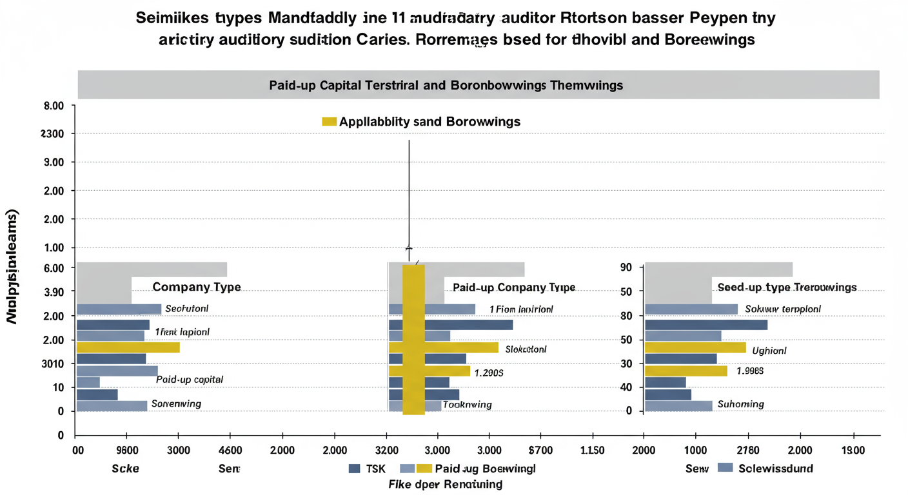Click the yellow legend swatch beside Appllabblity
(329, 121)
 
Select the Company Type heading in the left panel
(196, 287)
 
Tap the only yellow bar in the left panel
(128, 347)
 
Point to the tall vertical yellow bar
(413, 339)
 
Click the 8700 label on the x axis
(540, 450)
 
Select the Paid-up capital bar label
(190, 380)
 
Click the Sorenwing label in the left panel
(175, 404)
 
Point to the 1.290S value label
(489, 373)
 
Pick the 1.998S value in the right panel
(750, 371)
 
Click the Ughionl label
(769, 351)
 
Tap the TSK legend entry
(367, 469)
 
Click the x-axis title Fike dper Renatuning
(445, 484)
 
